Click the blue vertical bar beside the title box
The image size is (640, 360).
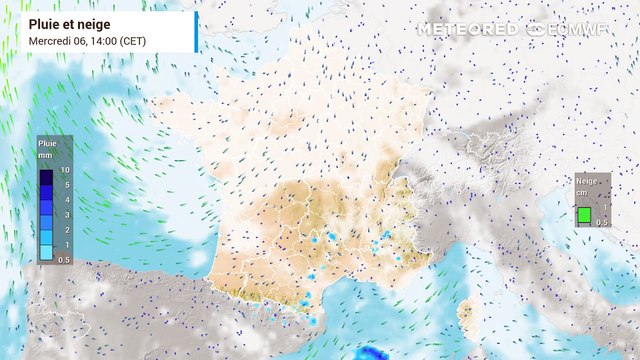coord(196,32)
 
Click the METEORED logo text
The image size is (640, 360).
coord(467,29)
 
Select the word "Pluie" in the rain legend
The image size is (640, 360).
coord(47,144)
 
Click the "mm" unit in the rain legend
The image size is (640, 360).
coord(45,156)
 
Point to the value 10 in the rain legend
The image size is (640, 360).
coord(64,171)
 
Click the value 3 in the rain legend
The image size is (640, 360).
coord(65,215)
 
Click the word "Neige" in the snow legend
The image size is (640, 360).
coord(587,181)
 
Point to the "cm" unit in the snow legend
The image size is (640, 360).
coord(581,192)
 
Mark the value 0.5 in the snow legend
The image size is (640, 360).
coord(603,222)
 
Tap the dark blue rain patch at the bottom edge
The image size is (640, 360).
coord(372,353)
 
